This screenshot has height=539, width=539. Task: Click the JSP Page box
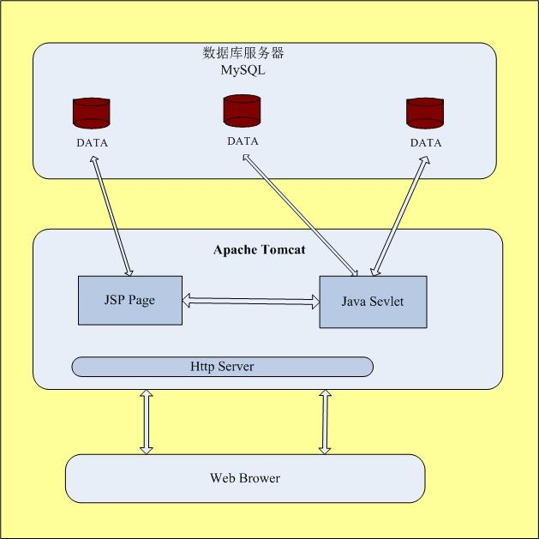(x=130, y=300)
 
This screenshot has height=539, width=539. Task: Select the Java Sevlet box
(x=373, y=302)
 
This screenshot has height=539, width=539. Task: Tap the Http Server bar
(x=222, y=367)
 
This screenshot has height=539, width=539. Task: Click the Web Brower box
(x=245, y=478)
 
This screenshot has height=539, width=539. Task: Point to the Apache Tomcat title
(x=259, y=251)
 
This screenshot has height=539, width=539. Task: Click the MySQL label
(x=243, y=70)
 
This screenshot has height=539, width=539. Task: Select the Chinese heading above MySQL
(x=243, y=53)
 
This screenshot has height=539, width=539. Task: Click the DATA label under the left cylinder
(x=92, y=143)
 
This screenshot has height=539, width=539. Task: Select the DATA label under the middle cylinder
(x=243, y=141)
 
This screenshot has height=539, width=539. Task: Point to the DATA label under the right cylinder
(x=426, y=143)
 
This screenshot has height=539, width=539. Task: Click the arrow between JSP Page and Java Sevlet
(x=250, y=301)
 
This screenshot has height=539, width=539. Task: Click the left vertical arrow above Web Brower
(x=146, y=421)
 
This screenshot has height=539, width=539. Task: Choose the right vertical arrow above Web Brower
(x=326, y=421)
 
